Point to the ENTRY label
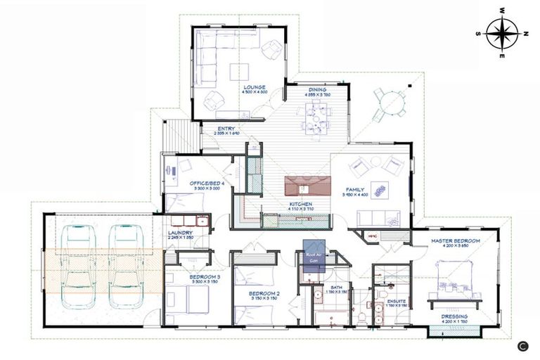point(226,129)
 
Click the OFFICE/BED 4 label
point(207,184)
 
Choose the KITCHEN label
point(300,205)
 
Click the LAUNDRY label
point(181,233)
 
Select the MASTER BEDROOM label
point(456,241)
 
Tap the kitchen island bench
point(307,186)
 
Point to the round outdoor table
point(389,105)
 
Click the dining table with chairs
point(316,116)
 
